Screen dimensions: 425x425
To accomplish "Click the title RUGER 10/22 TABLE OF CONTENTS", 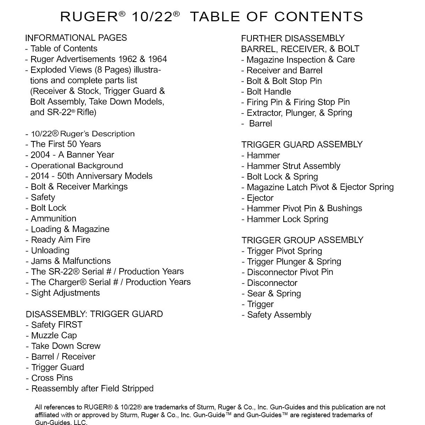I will [211, 17].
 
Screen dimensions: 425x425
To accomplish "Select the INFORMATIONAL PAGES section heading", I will [76, 38].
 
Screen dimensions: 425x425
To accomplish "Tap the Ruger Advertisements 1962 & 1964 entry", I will [96, 59].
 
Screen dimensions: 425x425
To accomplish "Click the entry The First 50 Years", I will [63, 144].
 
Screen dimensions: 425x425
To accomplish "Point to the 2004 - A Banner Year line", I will [70, 155].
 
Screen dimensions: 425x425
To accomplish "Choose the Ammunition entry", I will [51, 219].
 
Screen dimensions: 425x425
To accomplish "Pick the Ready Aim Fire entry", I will [58, 240].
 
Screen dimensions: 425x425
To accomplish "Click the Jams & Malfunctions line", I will [68, 261].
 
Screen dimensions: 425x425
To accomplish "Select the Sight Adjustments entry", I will [63, 293].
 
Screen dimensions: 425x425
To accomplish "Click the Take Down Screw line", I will [63, 346].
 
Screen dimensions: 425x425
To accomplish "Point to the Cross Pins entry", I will [50, 378].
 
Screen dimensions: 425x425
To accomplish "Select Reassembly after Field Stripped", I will [90, 389].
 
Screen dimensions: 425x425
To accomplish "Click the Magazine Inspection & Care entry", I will [298, 59].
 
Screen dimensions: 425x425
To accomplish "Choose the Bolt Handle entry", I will [266, 92].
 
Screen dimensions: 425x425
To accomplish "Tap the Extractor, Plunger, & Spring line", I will [297, 113].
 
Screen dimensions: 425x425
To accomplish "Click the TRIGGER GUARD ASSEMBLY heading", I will [302, 144].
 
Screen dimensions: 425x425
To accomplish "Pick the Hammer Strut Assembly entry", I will [291, 166].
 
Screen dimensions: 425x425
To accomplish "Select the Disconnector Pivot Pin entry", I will [288, 272].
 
